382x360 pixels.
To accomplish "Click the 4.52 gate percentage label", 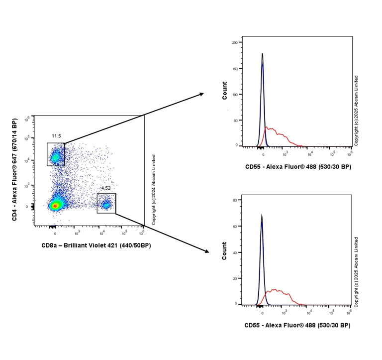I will click(x=105, y=188).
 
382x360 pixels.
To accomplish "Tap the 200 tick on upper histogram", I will click(x=235, y=43).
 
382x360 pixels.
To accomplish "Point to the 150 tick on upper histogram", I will click(x=235, y=68).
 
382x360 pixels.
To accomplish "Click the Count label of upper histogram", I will click(x=225, y=91).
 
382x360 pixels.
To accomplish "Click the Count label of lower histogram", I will click(x=225, y=250).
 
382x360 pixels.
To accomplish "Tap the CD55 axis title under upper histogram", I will click(x=297, y=166).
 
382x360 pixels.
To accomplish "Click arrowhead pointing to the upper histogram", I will click(x=201, y=94).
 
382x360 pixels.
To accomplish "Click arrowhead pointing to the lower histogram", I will click(x=206, y=251).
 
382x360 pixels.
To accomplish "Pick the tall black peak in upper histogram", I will click(x=262, y=55).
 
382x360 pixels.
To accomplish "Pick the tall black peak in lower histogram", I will click(x=262, y=217).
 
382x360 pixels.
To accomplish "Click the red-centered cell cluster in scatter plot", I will click(x=56, y=205).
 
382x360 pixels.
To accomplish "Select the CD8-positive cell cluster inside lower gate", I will click(x=105, y=204).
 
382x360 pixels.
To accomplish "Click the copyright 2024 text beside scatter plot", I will click(x=154, y=190).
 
